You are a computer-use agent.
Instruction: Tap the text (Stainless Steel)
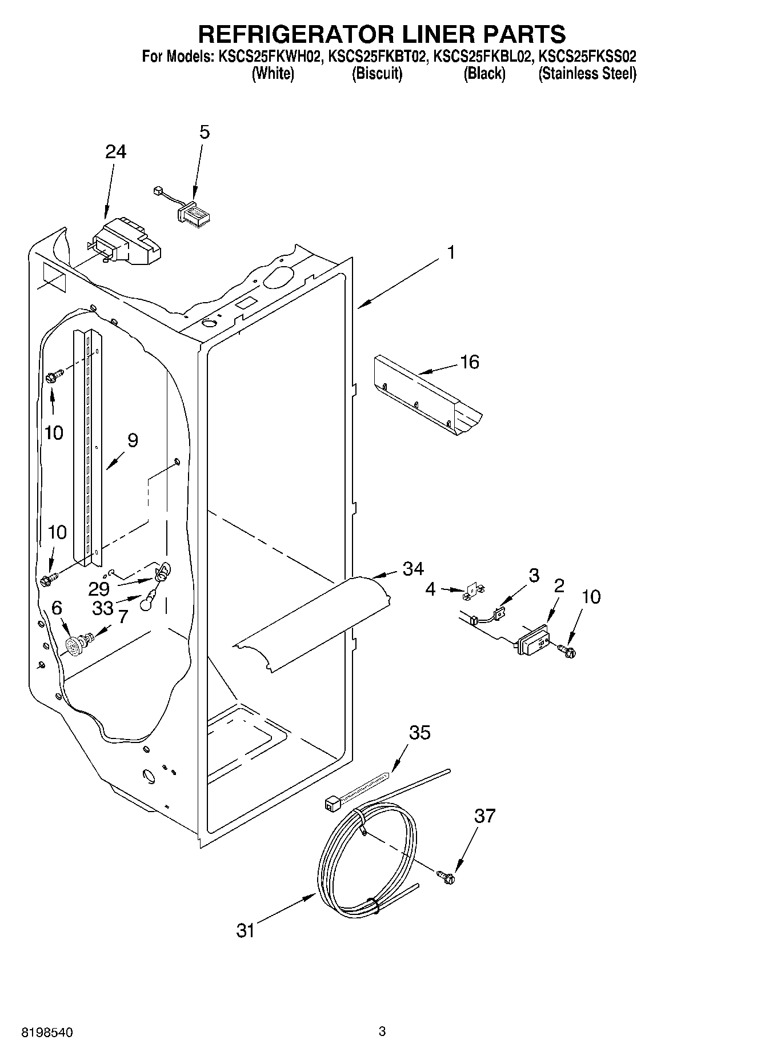[587, 74]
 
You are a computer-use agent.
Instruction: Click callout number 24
[115, 152]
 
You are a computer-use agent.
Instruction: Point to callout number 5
[204, 132]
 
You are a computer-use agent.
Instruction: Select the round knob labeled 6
[74, 647]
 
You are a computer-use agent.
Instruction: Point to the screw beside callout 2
[567, 649]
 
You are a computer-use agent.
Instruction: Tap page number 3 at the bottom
[382, 1031]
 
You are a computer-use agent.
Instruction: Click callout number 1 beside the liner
[451, 252]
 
